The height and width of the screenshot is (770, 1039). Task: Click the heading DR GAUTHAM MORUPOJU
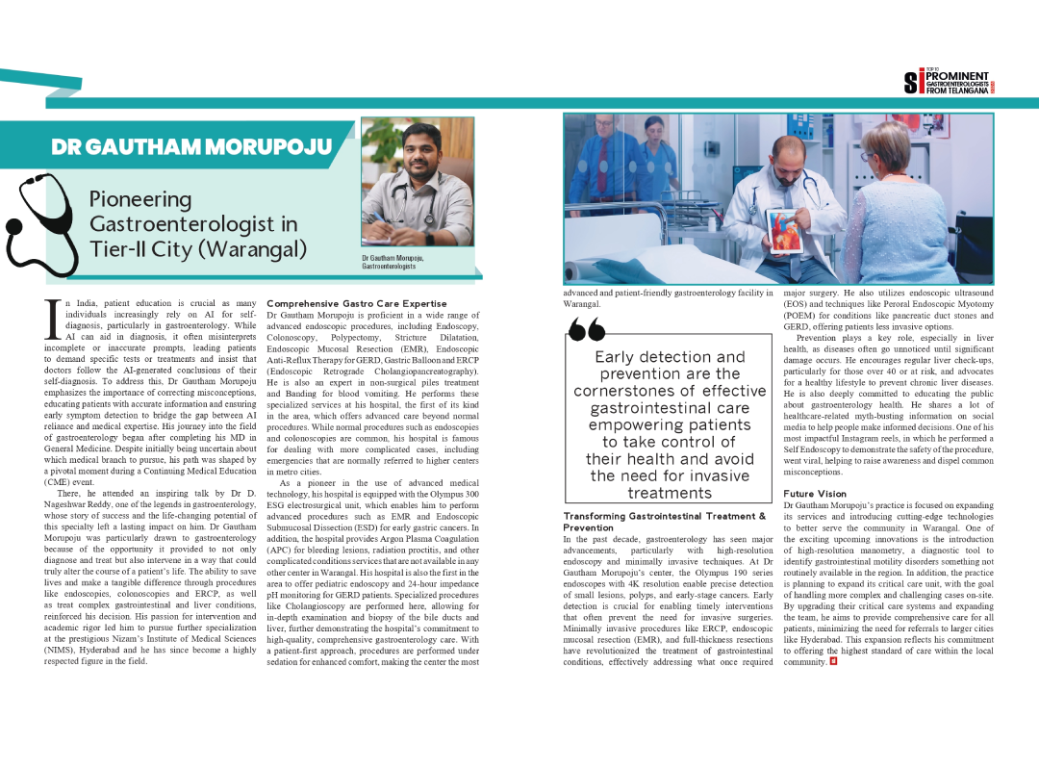pos(191,147)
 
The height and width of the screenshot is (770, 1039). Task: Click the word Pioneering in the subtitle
pos(140,199)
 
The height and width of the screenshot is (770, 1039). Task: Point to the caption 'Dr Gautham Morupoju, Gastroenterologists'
pos(393,262)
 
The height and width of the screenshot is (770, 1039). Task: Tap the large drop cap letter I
pos(54,319)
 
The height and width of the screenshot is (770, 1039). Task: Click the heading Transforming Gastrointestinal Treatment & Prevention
pos(664,522)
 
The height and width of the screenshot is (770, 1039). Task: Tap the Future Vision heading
pos(815,494)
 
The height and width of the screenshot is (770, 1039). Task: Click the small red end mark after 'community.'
pos(832,662)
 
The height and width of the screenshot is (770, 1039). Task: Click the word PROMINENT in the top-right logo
pos(957,76)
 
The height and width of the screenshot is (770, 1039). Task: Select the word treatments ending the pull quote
pos(669,493)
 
